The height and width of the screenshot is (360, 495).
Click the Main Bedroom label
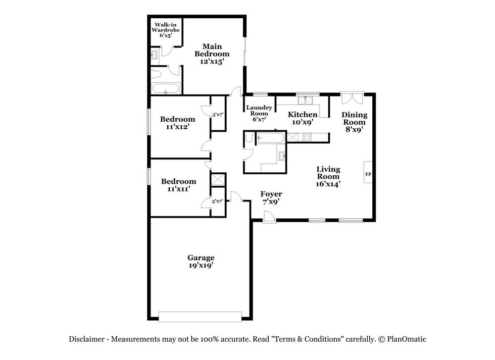(x=212, y=54)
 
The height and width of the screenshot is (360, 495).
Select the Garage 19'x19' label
(x=200, y=261)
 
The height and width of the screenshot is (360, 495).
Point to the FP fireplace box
(x=368, y=174)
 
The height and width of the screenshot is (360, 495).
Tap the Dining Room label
(x=354, y=122)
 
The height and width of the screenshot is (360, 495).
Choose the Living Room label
(x=328, y=176)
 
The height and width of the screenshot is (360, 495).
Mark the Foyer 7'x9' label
(x=271, y=198)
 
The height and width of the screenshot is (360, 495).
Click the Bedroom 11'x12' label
(x=177, y=122)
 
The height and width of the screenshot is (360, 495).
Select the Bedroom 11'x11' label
(x=178, y=185)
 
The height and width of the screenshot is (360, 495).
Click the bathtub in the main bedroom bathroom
(x=165, y=90)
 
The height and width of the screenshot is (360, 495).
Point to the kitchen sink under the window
(x=305, y=101)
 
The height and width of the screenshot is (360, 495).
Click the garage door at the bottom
(x=200, y=316)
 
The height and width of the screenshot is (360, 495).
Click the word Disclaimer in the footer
(x=86, y=339)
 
